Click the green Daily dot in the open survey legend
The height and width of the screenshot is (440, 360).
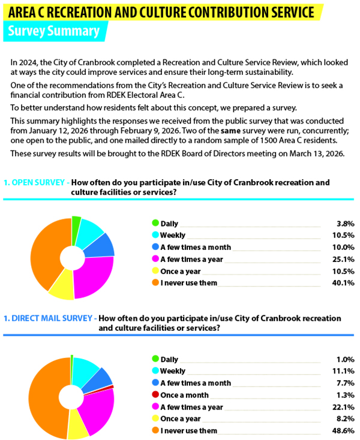coord(155,223)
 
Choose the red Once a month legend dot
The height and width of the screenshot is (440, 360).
coord(155,395)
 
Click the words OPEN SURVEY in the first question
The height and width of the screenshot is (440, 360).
coord(39,182)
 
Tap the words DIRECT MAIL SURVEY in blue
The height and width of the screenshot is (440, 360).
coord(52,318)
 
